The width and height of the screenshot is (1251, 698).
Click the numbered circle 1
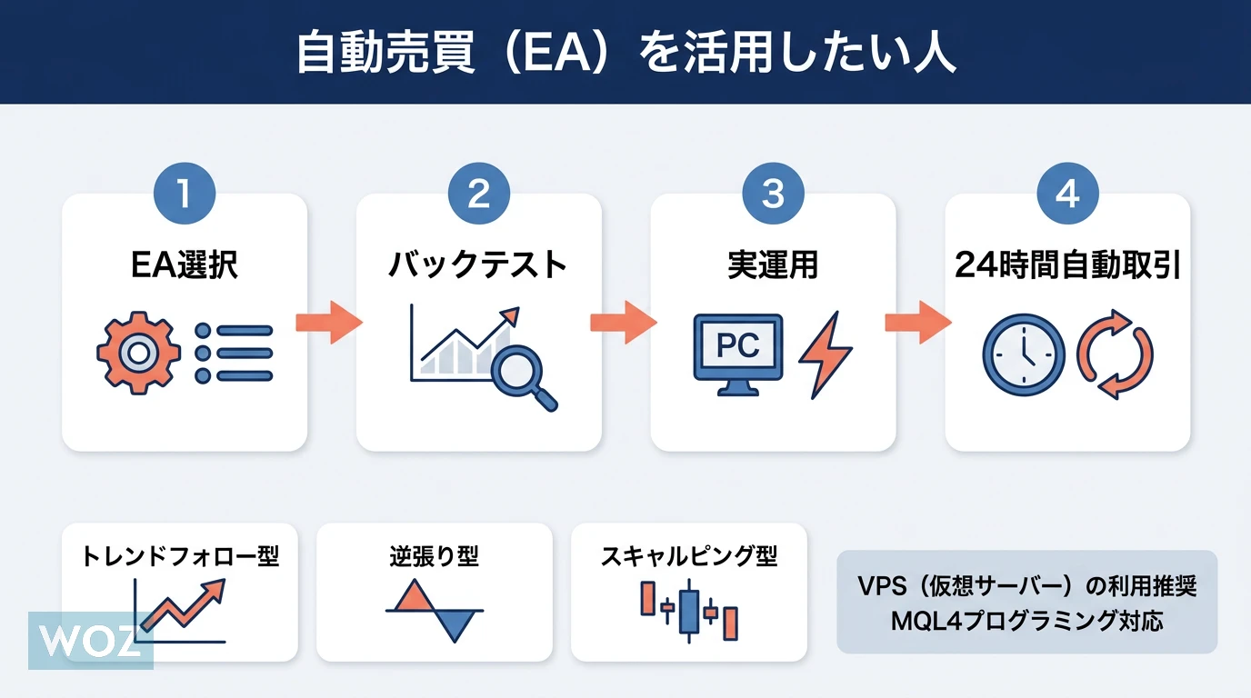(x=185, y=194)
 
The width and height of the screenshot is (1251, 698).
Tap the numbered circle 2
(x=479, y=194)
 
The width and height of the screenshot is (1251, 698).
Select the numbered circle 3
(x=773, y=194)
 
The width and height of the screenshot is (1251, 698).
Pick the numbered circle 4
(x=1067, y=194)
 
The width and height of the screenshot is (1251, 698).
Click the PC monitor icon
(x=737, y=353)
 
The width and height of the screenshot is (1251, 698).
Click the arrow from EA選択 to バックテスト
(x=330, y=323)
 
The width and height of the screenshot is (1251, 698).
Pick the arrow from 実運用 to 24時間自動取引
(x=919, y=323)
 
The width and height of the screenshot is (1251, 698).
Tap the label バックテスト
(x=478, y=265)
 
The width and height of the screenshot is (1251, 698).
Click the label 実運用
(x=773, y=265)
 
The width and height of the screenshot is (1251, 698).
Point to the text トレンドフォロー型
(x=180, y=555)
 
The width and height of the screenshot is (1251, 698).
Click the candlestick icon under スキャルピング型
(x=688, y=609)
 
